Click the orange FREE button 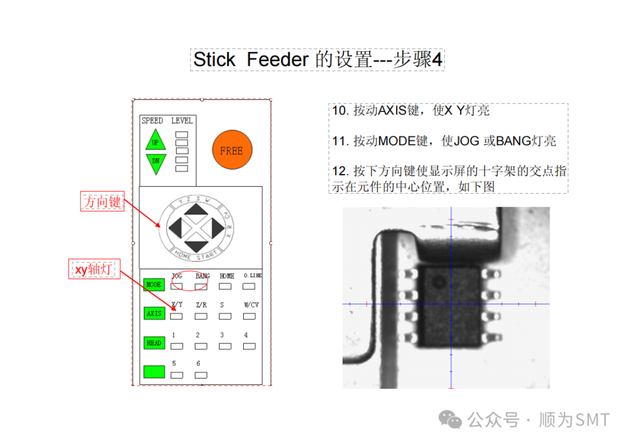pos(232,151)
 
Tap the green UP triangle pos(155,141)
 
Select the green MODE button pos(154,284)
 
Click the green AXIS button pos(154,314)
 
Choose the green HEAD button pos(154,343)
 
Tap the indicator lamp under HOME pos(225,286)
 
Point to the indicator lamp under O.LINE pos(249,286)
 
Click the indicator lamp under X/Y pos(177,316)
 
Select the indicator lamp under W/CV pos(249,316)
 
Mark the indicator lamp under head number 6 pos(201,375)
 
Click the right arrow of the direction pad pos(217,227)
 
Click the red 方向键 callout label pos(103,201)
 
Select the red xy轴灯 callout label pos(94,269)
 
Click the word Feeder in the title pos(277,59)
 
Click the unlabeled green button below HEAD pos(154,371)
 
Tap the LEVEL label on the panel pos(181,121)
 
